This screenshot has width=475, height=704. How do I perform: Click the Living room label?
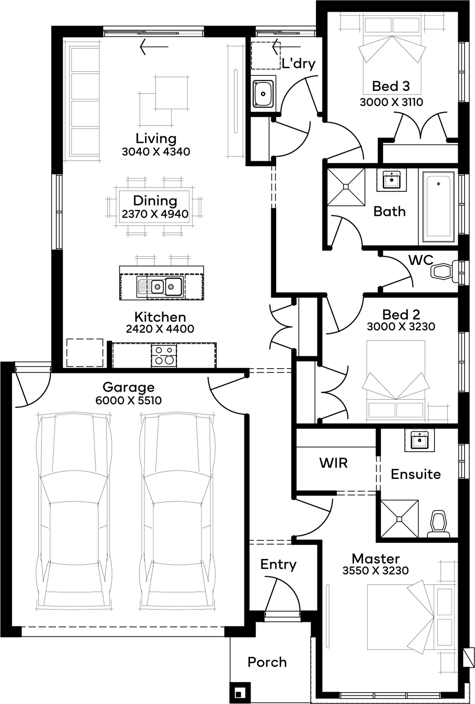[x=156, y=139]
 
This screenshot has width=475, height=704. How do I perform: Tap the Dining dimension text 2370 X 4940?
[x=155, y=214]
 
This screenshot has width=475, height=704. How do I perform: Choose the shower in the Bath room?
[x=346, y=187]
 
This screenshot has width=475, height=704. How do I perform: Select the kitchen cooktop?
[x=164, y=356]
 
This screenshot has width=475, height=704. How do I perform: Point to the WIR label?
[x=333, y=463]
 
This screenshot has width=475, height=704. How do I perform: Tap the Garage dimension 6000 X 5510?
[x=128, y=400]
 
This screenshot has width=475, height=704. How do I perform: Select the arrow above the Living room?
[x=154, y=47]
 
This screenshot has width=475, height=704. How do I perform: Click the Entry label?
[x=278, y=565]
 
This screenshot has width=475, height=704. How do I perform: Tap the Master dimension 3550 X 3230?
[x=376, y=571]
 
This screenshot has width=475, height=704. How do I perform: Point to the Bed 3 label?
[x=391, y=86]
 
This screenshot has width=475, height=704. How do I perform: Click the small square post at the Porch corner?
[x=240, y=693]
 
